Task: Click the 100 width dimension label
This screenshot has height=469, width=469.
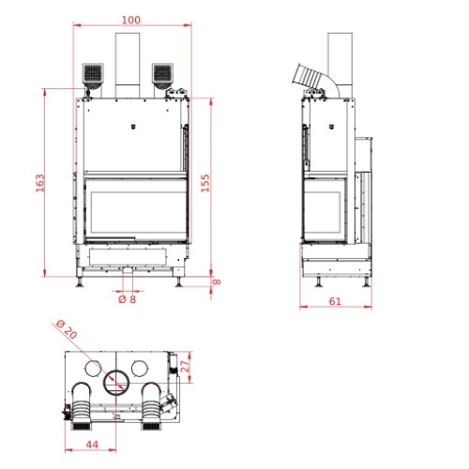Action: [131, 20]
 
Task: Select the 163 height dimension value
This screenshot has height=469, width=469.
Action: [40, 183]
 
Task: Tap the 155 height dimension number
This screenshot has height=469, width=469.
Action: [205, 183]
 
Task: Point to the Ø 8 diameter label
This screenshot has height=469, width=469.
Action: [128, 299]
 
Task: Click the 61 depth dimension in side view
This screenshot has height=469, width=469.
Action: [335, 301]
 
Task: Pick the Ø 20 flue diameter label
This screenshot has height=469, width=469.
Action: [67, 329]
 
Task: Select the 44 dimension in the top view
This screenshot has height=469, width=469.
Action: [92, 445]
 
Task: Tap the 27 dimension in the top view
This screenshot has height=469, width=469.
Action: [185, 366]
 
